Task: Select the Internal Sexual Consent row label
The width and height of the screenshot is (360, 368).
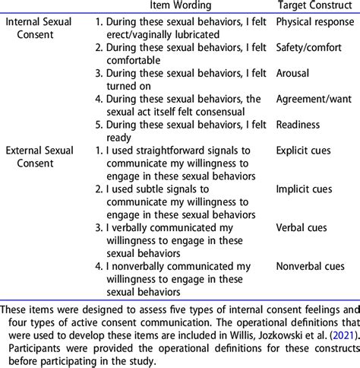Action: (40, 29)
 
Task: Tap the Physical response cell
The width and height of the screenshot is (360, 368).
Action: (310, 23)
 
